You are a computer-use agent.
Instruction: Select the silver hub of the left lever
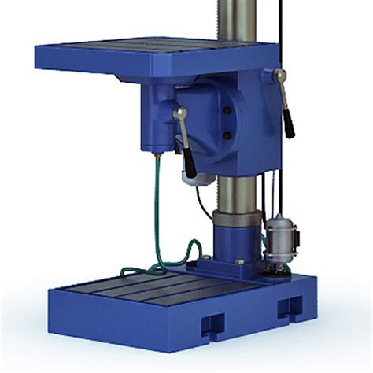pyautogui.click(x=179, y=115)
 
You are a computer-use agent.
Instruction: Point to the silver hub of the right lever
pyautogui.click(x=278, y=76)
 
